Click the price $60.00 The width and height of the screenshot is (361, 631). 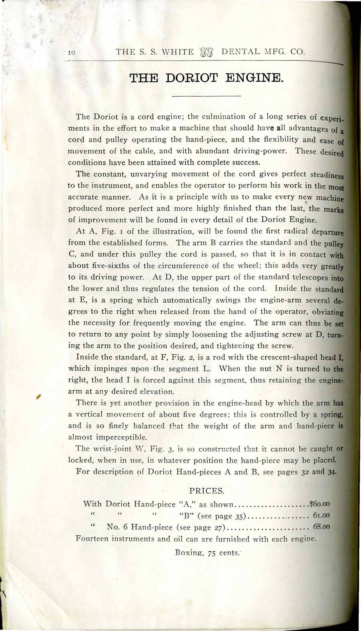pos(319,504)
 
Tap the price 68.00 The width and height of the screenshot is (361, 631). pos(321,527)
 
